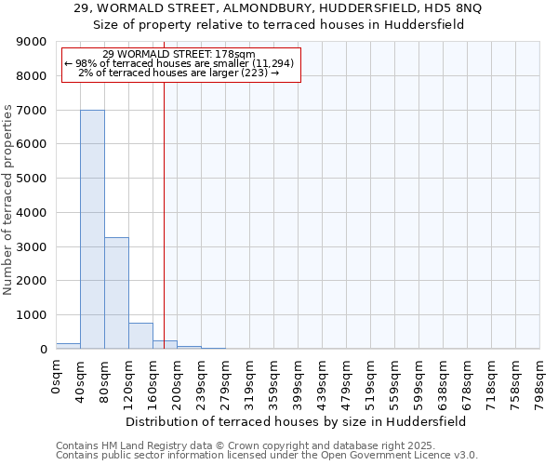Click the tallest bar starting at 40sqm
(x=92, y=229)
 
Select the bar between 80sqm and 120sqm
(x=116, y=293)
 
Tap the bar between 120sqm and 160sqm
(x=140, y=336)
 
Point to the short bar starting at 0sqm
(x=68, y=346)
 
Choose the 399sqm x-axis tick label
(x=298, y=381)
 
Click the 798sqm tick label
(x=539, y=381)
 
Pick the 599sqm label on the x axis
(x=418, y=381)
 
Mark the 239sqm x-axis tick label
(x=201, y=381)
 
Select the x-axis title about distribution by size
(x=298, y=421)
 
